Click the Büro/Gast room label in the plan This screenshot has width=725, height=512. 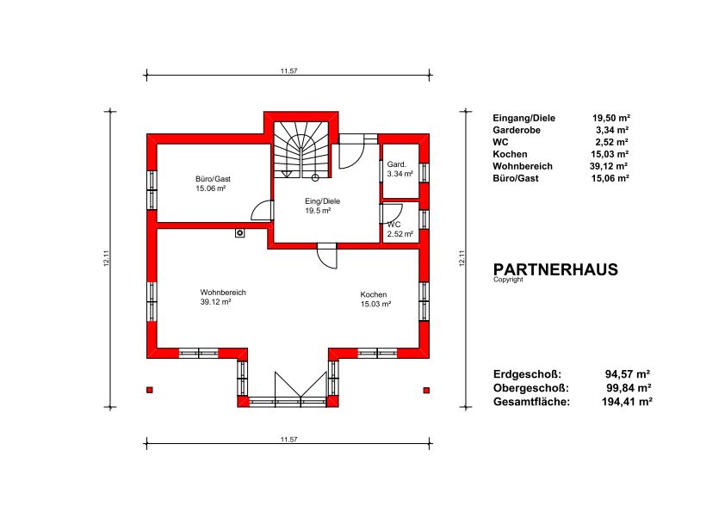pyautogui.click(x=213, y=183)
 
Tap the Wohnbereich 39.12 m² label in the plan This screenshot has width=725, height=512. pyautogui.click(x=223, y=297)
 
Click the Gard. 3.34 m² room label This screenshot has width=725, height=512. pyautogui.click(x=400, y=170)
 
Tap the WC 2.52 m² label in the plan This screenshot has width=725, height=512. pyautogui.click(x=400, y=229)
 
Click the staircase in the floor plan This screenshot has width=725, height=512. pyautogui.click(x=301, y=149)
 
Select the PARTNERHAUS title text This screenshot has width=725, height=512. pyautogui.click(x=555, y=269)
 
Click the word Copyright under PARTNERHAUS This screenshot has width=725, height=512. pyautogui.click(x=508, y=280)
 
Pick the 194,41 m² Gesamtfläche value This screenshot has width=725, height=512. pyautogui.click(x=627, y=402)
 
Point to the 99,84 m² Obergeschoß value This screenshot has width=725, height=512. pyautogui.click(x=629, y=388)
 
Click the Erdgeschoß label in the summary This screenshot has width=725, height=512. pyautogui.click(x=527, y=373)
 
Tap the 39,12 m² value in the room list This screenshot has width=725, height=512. pyautogui.click(x=610, y=166)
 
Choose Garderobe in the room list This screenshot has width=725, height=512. pyautogui.click(x=517, y=130)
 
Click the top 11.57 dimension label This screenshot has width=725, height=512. pyautogui.click(x=288, y=71)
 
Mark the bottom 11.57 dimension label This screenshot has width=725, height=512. pyautogui.click(x=288, y=440)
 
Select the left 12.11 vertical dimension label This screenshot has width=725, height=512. pyautogui.click(x=107, y=258)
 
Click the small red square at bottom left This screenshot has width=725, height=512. pyautogui.click(x=149, y=390)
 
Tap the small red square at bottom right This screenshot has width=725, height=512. pyautogui.click(x=426, y=390)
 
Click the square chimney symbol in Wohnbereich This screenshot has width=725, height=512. pyautogui.click(x=239, y=233)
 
